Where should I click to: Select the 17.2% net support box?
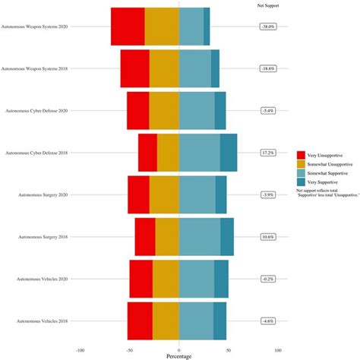[267, 152]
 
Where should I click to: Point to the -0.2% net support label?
[267, 279]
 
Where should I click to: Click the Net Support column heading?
[267, 5]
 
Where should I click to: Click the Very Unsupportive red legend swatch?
[301, 154]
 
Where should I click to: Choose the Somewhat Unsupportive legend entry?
[327, 164]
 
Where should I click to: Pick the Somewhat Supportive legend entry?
[326, 173]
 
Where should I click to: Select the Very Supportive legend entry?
[322, 182]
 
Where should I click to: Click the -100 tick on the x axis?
[81, 350]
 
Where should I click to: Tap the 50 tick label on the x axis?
[229, 350]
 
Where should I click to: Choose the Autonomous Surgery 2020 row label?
[43, 194]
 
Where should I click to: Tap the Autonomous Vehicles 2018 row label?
[43, 321]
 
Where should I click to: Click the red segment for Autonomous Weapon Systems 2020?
[128, 26]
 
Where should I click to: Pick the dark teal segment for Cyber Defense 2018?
[229, 152]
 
